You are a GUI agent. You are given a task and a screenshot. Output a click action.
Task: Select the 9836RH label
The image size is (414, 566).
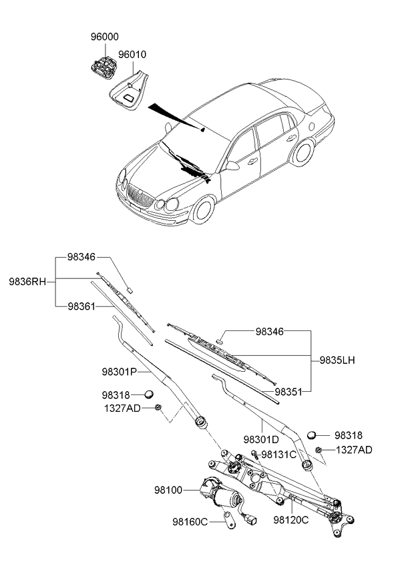pos(27,281)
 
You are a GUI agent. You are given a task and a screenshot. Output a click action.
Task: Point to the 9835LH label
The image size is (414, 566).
pos(337,360)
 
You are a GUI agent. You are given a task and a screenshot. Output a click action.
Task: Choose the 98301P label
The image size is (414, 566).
pos(120,371)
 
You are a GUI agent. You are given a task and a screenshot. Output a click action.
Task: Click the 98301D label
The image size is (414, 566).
pos(261,439)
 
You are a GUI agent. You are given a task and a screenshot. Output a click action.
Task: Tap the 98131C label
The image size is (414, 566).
pos(278,455)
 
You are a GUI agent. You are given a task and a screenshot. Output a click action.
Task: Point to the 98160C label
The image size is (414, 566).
pos(191,521)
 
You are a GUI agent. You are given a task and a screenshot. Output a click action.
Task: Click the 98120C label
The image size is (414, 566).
pos(291,519)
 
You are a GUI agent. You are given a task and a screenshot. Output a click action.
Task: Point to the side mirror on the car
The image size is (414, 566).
pos(232,165)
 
